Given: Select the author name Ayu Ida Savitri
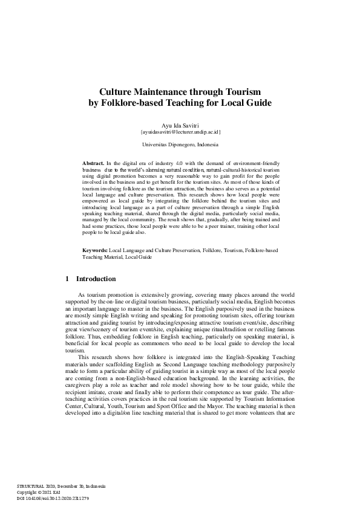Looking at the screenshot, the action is (x=180, y=123).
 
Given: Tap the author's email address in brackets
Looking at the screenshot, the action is (x=180, y=131).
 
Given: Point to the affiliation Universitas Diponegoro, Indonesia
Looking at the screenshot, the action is (x=180, y=145).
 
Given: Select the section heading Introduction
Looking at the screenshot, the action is (x=96, y=279).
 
